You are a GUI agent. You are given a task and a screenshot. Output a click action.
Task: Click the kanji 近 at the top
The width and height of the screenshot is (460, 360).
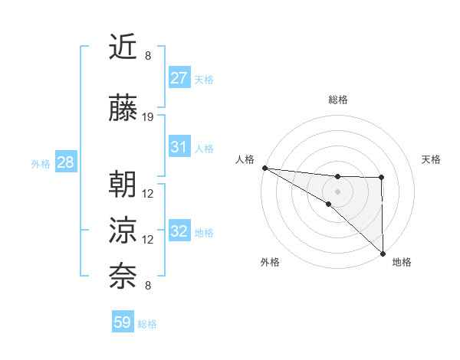click(123, 48)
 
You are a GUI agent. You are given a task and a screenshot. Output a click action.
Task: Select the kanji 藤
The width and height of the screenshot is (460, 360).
click(123, 110)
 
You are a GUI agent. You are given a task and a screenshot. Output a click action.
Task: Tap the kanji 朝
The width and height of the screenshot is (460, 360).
click(123, 186)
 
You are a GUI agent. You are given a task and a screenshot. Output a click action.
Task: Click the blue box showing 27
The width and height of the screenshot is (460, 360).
click(179, 78)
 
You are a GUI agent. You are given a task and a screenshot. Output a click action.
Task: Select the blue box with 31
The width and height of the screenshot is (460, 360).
click(179, 147)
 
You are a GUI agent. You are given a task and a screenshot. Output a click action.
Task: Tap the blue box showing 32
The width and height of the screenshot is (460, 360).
click(179, 232)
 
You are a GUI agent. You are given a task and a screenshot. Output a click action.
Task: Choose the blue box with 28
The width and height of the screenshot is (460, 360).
click(65, 162)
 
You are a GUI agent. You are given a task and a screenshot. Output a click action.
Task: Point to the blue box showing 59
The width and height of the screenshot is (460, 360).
click(123, 322)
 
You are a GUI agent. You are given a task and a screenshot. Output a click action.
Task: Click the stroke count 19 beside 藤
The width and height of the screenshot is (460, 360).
click(148, 117)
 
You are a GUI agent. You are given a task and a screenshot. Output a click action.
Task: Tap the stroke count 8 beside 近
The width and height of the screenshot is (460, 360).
click(148, 56)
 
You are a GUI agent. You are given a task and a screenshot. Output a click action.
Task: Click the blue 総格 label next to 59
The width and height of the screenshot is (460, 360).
click(147, 324)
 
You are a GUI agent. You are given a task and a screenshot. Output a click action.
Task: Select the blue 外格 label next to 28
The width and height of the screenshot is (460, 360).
click(41, 163)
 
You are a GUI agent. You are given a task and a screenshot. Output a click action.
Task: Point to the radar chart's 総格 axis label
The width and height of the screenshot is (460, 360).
click(337, 100)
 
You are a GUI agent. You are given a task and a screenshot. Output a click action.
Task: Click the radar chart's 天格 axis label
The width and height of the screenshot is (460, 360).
click(431, 159)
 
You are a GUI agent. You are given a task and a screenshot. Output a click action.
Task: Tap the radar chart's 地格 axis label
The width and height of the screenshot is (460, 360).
click(402, 262)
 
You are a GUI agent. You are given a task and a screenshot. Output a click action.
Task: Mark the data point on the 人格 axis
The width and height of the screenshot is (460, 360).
click(264, 167)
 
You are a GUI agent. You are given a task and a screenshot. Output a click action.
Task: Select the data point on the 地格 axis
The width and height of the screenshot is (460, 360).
click(383, 253)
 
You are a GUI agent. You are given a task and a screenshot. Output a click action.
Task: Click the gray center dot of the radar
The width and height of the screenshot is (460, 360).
click(337, 190)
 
